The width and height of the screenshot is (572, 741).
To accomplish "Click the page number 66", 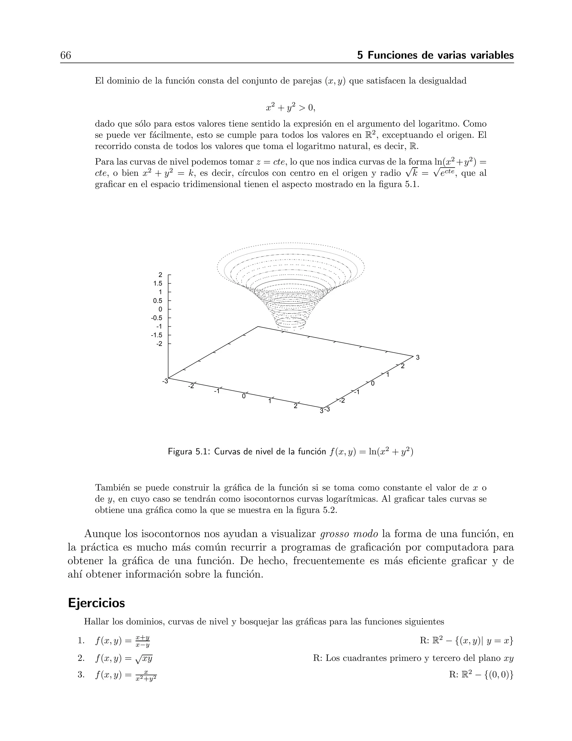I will tap(66, 55).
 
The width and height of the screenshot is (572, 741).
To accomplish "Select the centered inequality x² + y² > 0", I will tap(290, 108).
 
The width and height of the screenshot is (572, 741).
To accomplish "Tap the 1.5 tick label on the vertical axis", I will tap(158, 283).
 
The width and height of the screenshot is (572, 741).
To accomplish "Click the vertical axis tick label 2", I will tap(160, 275).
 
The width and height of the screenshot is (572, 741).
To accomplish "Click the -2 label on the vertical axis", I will tap(159, 344).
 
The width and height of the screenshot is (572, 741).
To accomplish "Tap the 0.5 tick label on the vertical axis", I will tap(158, 301).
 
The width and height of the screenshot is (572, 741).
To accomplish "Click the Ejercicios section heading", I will tap(96, 603).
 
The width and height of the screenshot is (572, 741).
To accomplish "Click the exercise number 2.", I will tap(81, 658).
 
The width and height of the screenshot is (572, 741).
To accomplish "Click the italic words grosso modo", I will tap(349, 534).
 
